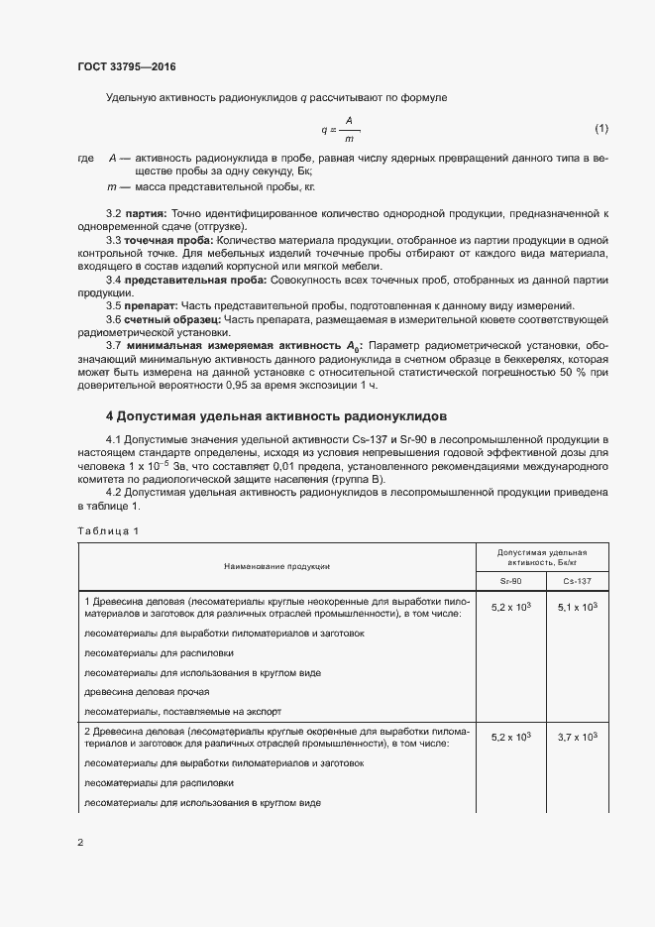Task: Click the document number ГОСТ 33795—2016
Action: coord(128,67)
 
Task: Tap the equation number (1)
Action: coord(600,129)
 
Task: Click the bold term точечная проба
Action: coord(164,241)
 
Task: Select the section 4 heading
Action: coord(276,415)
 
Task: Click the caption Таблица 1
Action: coord(108,530)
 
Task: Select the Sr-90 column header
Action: coord(510,580)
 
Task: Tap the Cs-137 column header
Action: coord(577,580)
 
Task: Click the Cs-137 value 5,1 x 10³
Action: coord(577,607)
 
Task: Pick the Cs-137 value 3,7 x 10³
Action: coord(577,737)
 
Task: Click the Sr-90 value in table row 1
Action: coord(510,607)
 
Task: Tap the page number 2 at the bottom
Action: coord(80,843)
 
